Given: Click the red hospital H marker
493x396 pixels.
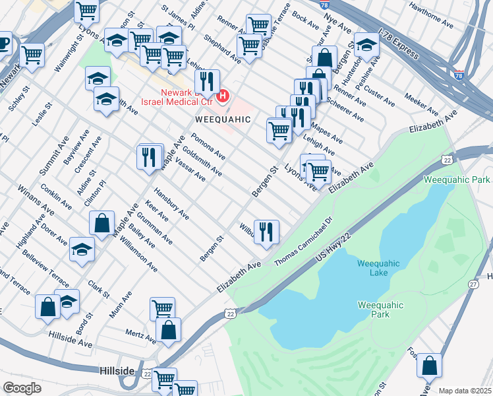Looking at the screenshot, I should click(x=222, y=96).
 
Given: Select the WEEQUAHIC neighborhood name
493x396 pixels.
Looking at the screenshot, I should click(x=223, y=119).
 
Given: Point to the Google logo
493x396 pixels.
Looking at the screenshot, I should click(x=22, y=388).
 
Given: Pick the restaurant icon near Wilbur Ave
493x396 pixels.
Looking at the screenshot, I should click(x=266, y=232).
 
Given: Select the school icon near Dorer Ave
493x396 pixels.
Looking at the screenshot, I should click(x=82, y=249).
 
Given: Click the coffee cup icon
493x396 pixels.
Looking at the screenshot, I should click(x=3, y=44).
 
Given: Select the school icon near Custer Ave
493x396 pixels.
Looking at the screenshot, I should click(x=366, y=44).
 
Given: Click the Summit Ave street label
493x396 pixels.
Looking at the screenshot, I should click(x=48, y=158).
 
